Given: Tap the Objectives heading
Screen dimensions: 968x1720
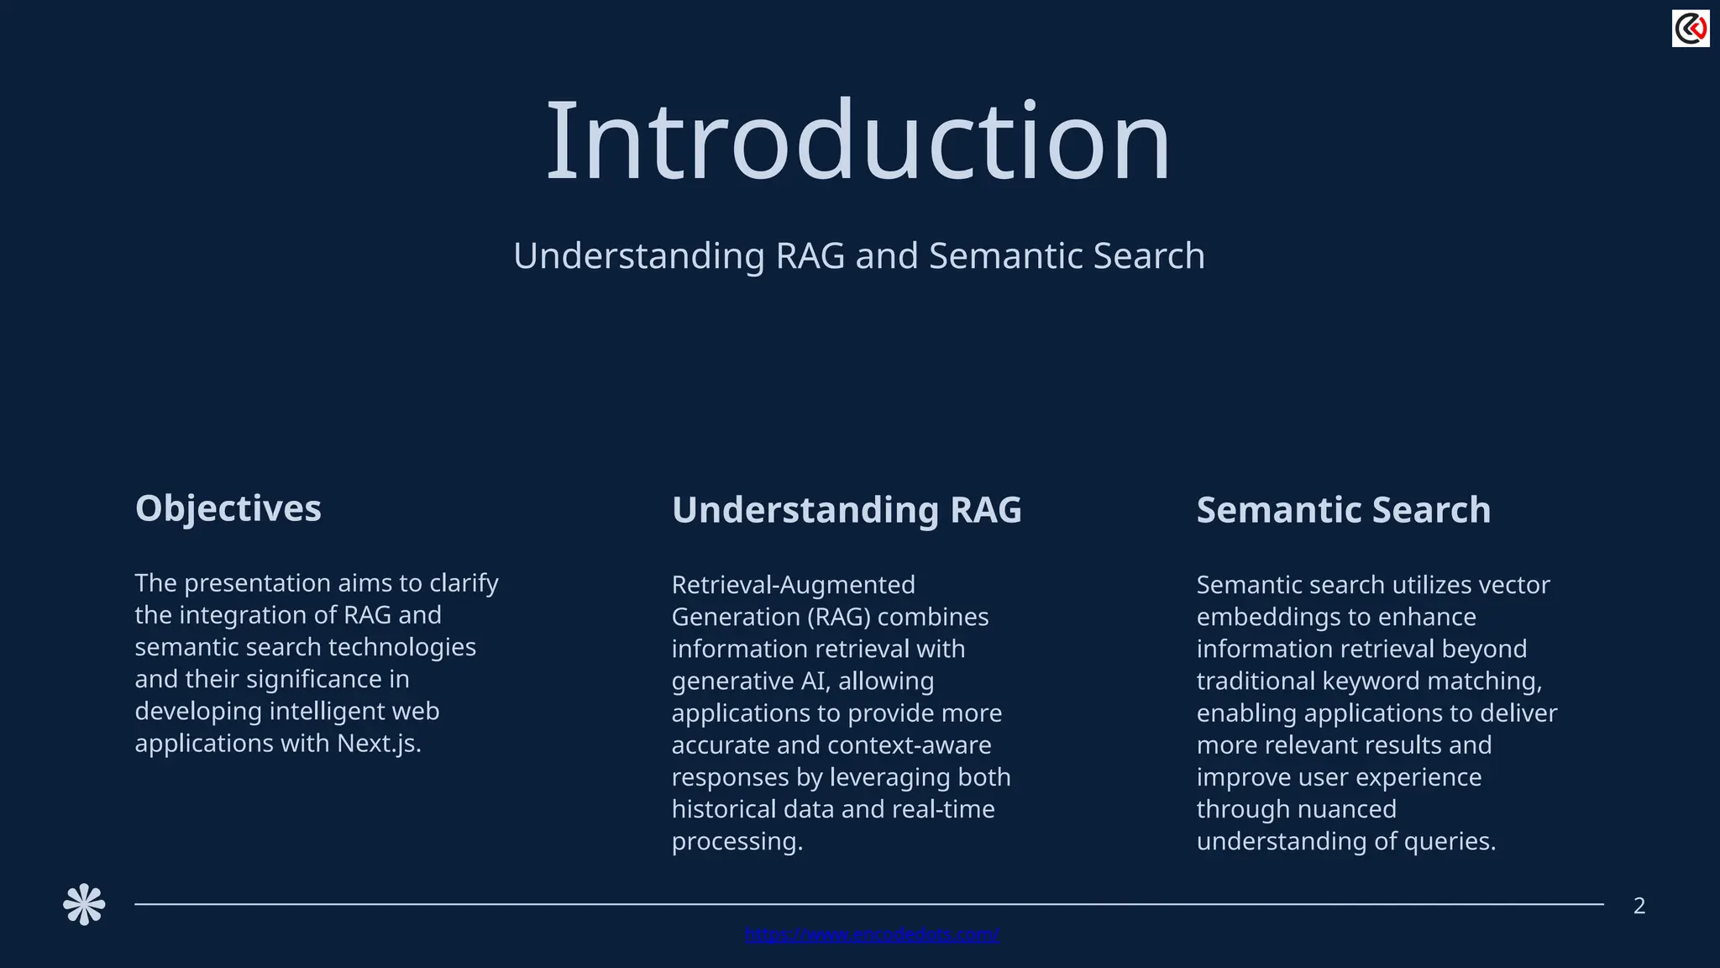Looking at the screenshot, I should pos(228,508).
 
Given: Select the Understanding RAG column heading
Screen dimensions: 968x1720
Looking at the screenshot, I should pos(847,510).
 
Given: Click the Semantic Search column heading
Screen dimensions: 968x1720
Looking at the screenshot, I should pos(1343,510).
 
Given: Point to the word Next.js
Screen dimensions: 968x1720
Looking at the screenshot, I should pos(379,744).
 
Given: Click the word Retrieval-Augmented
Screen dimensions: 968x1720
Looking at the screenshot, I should pos(793,585).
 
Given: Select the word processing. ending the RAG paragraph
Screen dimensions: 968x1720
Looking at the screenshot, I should pos(737,841).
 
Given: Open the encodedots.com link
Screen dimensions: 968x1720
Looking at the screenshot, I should pos(872,934).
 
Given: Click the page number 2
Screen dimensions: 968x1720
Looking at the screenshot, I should pos(1639,906).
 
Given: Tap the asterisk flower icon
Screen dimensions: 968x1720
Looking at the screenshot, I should pos(84,905).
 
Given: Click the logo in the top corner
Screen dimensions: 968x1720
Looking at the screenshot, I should pos(1690,29).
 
